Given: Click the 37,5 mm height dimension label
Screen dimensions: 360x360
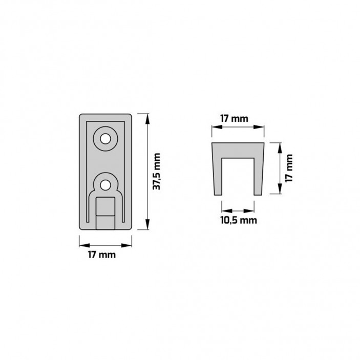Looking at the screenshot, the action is point(157,172).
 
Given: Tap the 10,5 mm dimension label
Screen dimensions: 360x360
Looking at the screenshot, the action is point(239,220).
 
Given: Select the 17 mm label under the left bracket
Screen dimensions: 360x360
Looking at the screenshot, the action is point(102,255).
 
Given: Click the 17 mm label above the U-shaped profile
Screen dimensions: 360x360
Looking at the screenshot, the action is point(235,119).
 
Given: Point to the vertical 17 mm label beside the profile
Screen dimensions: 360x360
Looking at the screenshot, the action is point(289,168).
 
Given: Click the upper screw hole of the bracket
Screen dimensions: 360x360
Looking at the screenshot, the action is point(105,139).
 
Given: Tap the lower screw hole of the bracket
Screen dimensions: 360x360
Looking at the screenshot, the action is point(105,185).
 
